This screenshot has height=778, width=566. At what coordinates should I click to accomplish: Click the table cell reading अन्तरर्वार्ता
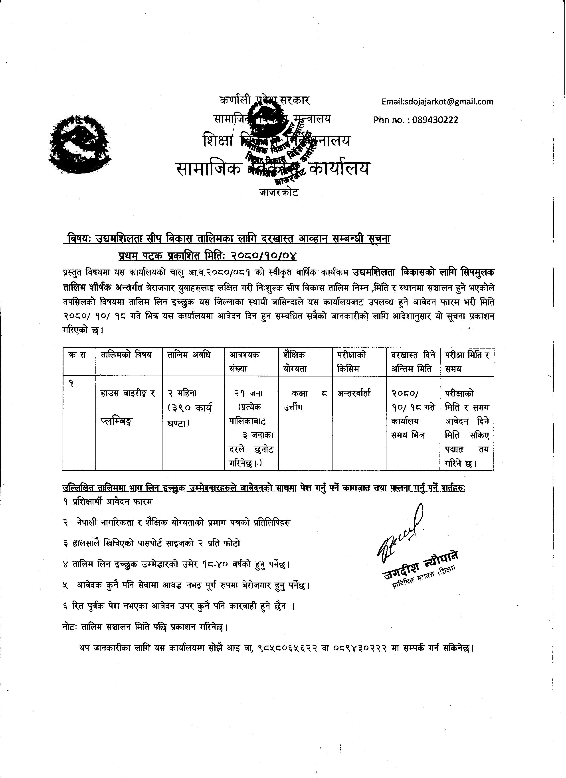(x=354, y=394)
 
